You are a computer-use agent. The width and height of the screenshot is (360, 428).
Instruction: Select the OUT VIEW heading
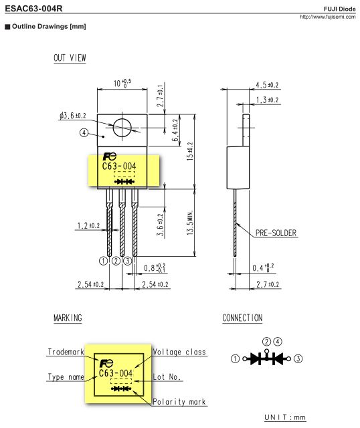70,58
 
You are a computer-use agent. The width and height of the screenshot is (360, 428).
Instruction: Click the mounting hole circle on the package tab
122,127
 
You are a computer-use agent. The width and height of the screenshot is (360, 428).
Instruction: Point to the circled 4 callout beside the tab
84,132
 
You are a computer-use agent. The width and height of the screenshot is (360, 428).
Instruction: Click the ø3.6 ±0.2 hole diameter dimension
72,116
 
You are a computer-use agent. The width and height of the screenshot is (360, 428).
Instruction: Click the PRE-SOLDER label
276,233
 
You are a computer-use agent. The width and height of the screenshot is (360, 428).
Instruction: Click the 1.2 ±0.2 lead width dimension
88,226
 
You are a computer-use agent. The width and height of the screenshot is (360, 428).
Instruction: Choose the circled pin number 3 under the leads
127,260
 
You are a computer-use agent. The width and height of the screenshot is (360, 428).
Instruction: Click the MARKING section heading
68,318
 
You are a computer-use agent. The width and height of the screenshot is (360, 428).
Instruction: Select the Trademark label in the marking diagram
66,352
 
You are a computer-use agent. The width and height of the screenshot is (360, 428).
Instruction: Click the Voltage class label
179,352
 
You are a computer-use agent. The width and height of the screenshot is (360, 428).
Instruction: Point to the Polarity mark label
179,402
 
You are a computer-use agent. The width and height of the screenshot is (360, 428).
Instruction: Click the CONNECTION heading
242,318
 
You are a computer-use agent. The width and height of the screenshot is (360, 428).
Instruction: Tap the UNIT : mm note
285,418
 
